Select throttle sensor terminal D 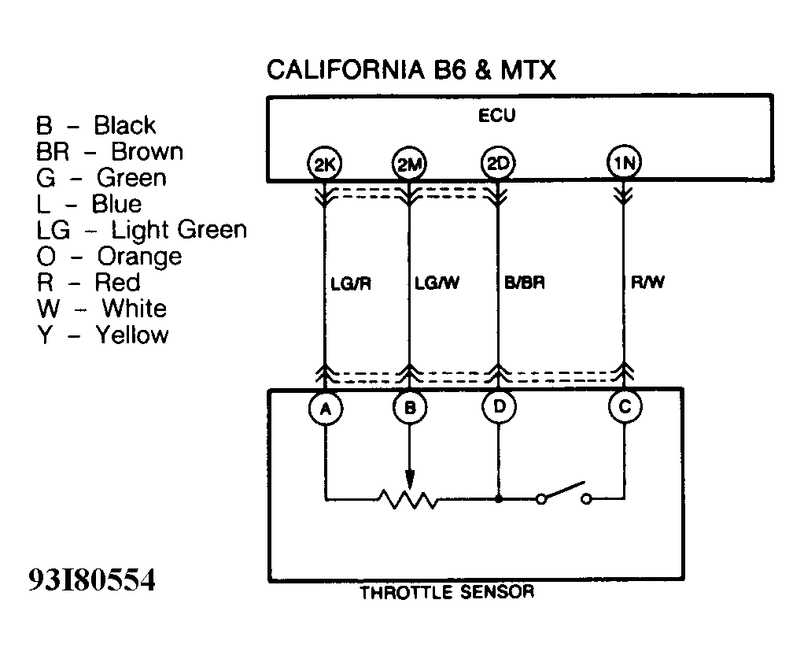click(x=498, y=407)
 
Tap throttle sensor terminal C click(x=625, y=407)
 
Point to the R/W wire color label click(x=647, y=283)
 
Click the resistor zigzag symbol click(x=408, y=499)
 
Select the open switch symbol click(x=563, y=493)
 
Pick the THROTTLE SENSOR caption click(x=446, y=592)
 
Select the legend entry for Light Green click(x=141, y=230)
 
